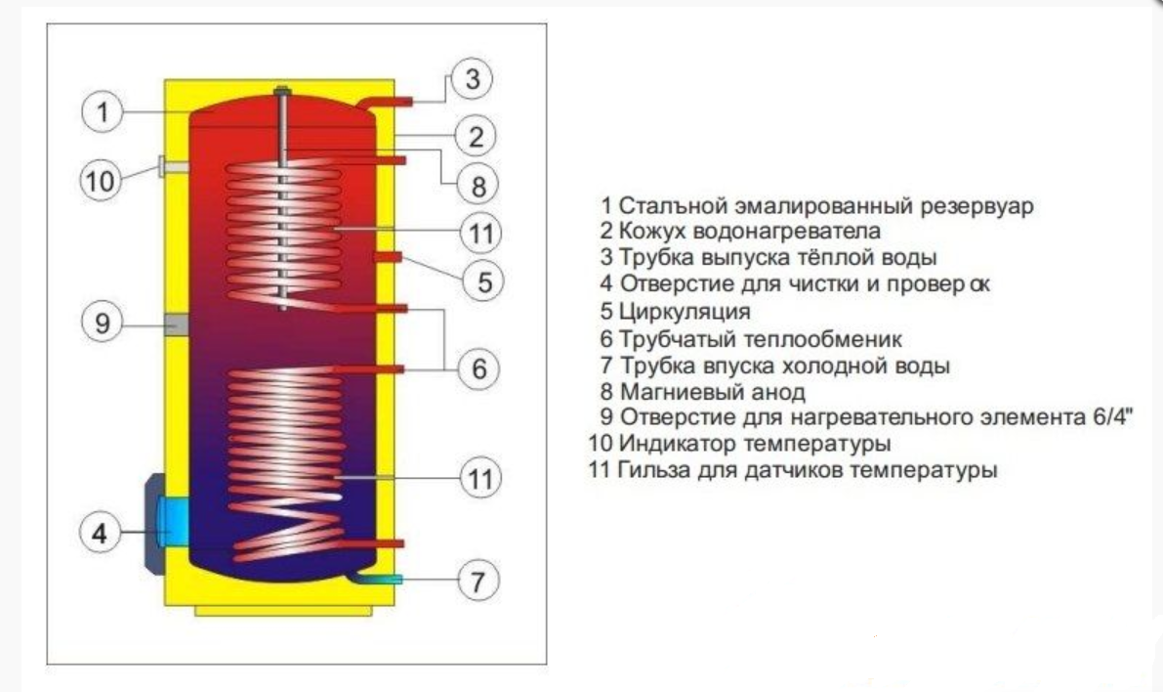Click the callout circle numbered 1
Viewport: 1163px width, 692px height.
pyautogui.click(x=102, y=112)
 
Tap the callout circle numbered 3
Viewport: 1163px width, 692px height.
pyautogui.click(x=472, y=79)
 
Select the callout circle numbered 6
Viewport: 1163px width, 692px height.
pyautogui.click(x=478, y=368)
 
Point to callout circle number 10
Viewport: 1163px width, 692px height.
pyautogui.click(x=101, y=181)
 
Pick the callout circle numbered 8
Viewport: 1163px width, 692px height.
pyautogui.click(x=478, y=186)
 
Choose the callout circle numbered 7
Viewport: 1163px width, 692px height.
pyautogui.click(x=478, y=581)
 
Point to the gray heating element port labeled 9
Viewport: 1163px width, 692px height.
pyautogui.click(x=176, y=324)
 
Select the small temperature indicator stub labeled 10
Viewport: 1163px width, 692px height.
pyautogui.click(x=172, y=167)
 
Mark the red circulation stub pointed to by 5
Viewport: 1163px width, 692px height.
pyautogui.click(x=389, y=257)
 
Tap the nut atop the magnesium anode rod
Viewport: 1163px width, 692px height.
pyautogui.click(x=282, y=92)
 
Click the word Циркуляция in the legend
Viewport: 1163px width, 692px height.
pyautogui.click(x=685, y=312)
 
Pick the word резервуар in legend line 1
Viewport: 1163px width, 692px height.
pyautogui.click(x=976, y=205)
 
